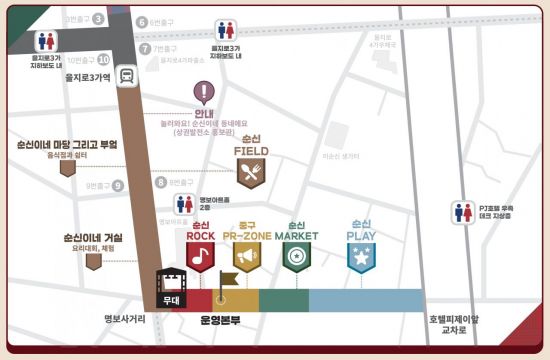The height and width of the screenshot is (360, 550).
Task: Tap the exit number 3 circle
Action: (98, 18)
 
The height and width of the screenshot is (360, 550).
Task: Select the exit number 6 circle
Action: (142, 22)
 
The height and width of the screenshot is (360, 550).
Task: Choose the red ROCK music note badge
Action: (201, 255)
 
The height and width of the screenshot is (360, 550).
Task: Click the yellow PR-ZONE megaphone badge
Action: (249, 255)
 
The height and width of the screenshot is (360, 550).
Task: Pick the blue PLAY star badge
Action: (360, 255)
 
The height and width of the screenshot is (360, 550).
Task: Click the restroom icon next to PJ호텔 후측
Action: (463, 212)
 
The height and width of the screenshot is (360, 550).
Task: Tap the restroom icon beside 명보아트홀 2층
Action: (183, 203)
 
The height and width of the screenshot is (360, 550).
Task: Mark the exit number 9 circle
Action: (118, 185)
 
